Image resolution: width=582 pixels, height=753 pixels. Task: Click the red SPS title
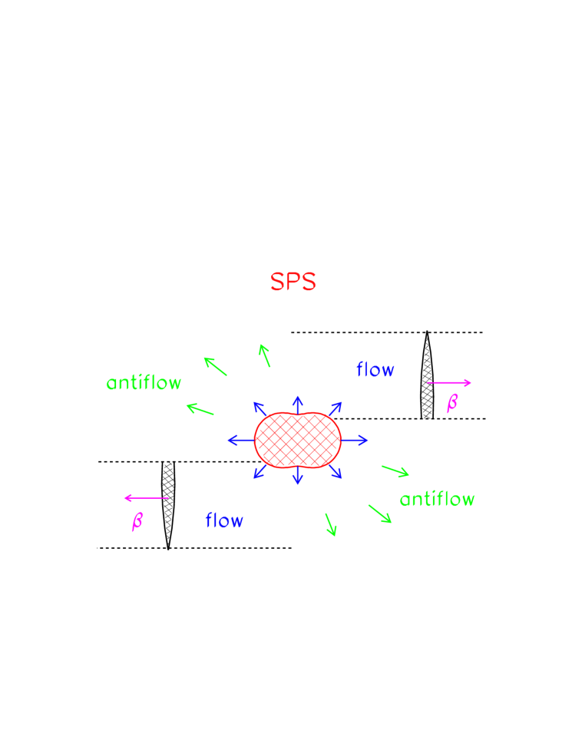pos(293,282)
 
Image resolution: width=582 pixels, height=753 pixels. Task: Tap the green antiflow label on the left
pos(144,383)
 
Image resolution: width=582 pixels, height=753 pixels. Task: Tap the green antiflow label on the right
pos(437,500)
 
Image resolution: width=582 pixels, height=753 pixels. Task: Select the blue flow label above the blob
pos(375,370)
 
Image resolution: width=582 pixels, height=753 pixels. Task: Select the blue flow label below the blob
pos(224,521)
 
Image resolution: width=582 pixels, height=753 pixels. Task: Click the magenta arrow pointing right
pos(449,382)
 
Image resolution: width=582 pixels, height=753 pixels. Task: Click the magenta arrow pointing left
pos(146,498)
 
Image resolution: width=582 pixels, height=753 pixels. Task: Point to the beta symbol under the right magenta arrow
pos(451,403)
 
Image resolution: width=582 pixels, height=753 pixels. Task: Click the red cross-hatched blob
pos(297,440)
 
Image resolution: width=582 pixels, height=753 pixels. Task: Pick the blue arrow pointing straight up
pos(298,404)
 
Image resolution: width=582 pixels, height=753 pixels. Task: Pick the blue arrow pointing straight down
pos(298,476)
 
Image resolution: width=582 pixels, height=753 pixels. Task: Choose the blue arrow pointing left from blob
pos(240,440)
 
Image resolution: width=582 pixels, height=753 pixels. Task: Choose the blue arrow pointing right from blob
pos(355,440)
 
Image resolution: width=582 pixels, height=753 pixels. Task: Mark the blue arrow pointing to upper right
pos(335,408)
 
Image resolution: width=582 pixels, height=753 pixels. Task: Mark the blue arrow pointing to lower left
pos(260,471)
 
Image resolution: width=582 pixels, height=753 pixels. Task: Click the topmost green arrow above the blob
pos(265,355)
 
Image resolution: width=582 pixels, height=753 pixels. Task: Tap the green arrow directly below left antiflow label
pos(200,409)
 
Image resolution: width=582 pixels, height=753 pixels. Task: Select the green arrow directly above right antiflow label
pos(395,471)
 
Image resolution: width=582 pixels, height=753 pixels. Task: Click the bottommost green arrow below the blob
pos(331,525)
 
